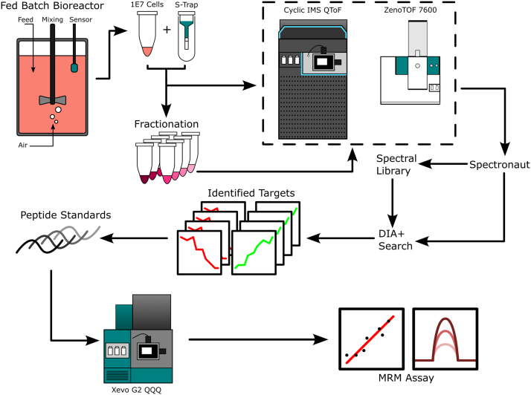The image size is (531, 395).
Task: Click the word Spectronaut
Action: tap(498, 164)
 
